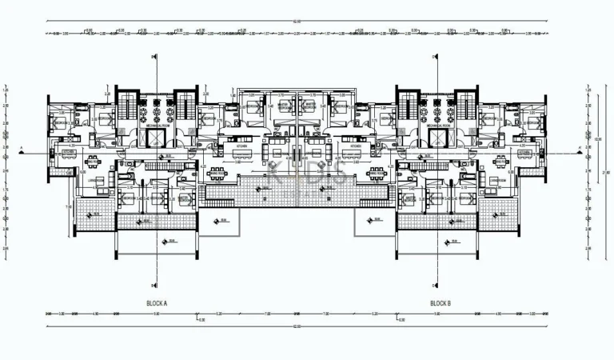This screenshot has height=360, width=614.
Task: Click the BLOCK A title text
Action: click(x=157, y=303)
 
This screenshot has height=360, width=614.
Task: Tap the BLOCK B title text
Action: click(x=441, y=303)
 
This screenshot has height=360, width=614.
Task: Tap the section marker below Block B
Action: click(x=434, y=284)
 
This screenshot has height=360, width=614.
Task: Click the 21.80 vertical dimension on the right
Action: click(x=606, y=172)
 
